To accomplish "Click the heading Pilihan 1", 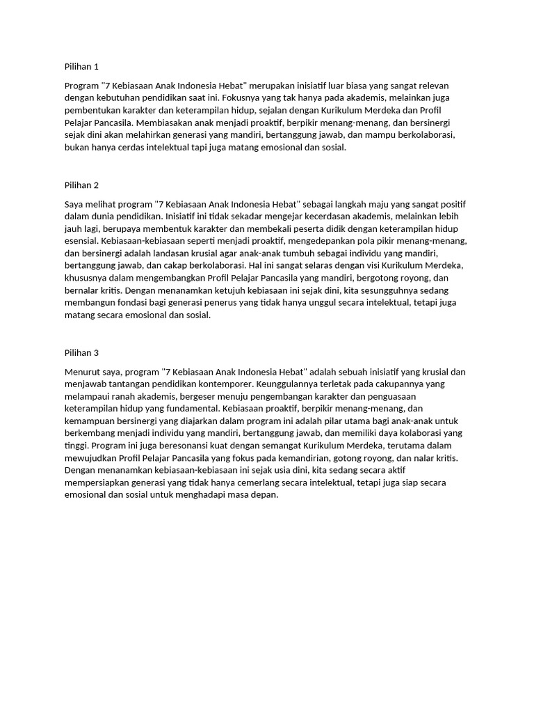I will (81, 67).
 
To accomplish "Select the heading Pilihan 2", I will (81, 185).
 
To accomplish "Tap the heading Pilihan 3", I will (81, 352).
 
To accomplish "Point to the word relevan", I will (434, 85).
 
